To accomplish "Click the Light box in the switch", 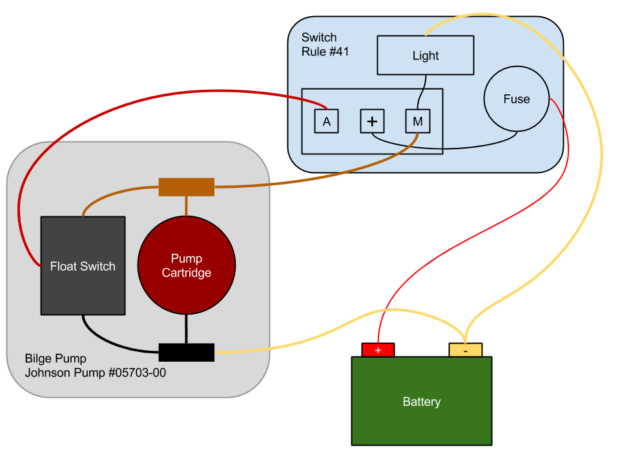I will coord(425,56).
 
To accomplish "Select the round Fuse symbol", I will coord(517,99).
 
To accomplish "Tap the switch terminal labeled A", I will coord(326,121).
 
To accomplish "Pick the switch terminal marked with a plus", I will coord(372,121).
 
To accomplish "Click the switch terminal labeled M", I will coord(417,121).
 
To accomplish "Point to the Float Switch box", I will coord(83,265).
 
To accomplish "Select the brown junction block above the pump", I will coord(186,187).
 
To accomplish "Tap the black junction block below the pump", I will coord(186,352).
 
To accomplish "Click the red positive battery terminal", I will coord(378,350).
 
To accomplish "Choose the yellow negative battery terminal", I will coord(465,350).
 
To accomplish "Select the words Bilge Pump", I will coord(56,358).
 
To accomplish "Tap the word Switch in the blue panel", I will coord(319,37).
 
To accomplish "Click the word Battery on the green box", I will coord(421,402).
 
